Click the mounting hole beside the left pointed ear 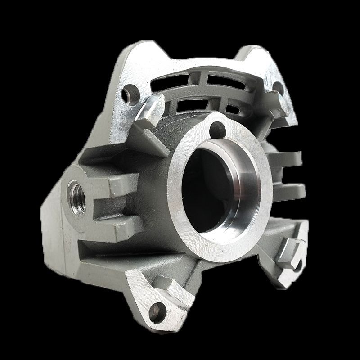pos(131,94)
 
